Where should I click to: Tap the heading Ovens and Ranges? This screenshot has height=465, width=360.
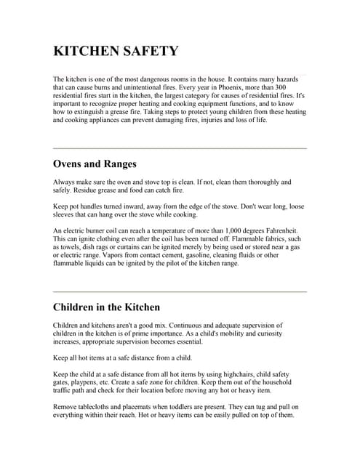(x=95, y=163)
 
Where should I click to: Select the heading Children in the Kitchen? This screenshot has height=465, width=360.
(x=106, y=307)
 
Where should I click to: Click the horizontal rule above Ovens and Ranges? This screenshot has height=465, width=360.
(x=180, y=148)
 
